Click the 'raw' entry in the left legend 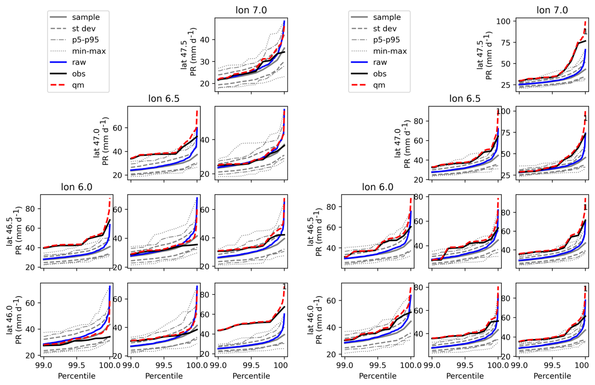coord(79,62)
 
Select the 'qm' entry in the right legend coord(379,85)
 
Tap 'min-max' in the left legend coord(89,51)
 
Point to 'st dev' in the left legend coord(83,28)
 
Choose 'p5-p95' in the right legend coord(386,40)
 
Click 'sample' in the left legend coord(86,17)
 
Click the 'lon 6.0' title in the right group coord(377,187)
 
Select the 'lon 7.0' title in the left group coord(251,10)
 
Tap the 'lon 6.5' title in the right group coord(465,99)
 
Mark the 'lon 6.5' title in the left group coord(164,99)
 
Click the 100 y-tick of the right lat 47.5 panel coord(506,21)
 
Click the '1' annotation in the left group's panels coord(284,287)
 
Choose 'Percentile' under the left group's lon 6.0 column coord(76,376)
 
